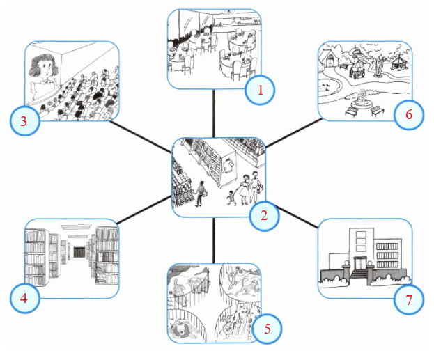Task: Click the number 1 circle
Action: click(x=260, y=90)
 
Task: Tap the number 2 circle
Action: click(x=264, y=216)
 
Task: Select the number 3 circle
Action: click(x=24, y=121)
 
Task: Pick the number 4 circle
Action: click(x=24, y=298)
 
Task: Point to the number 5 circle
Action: click(x=267, y=329)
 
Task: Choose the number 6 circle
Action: click(x=409, y=115)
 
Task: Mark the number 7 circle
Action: click(x=409, y=299)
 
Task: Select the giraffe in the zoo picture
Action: click(x=238, y=321)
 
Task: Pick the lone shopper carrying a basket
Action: click(x=200, y=194)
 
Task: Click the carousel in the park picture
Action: click(x=399, y=62)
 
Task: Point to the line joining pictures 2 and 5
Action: click(x=214, y=240)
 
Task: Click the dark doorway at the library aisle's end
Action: click(x=80, y=253)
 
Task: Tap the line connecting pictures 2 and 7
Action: click(x=297, y=217)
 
